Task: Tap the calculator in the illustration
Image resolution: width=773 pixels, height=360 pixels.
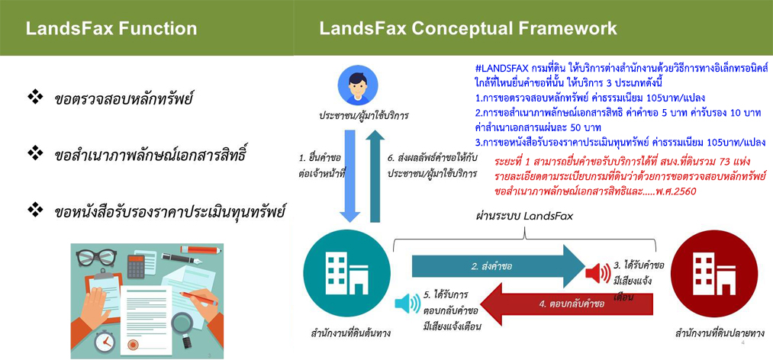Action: coord(136,266)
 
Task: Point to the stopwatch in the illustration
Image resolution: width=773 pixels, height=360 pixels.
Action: coord(105,340)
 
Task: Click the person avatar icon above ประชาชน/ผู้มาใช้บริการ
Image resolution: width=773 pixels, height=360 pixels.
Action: coord(358,85)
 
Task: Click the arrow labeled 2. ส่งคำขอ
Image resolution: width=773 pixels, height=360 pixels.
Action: coord(498,266)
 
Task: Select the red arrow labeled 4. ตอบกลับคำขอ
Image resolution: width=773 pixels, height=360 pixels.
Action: coord(566,304)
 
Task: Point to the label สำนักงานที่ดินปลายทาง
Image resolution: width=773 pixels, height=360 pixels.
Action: coord(717,334)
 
